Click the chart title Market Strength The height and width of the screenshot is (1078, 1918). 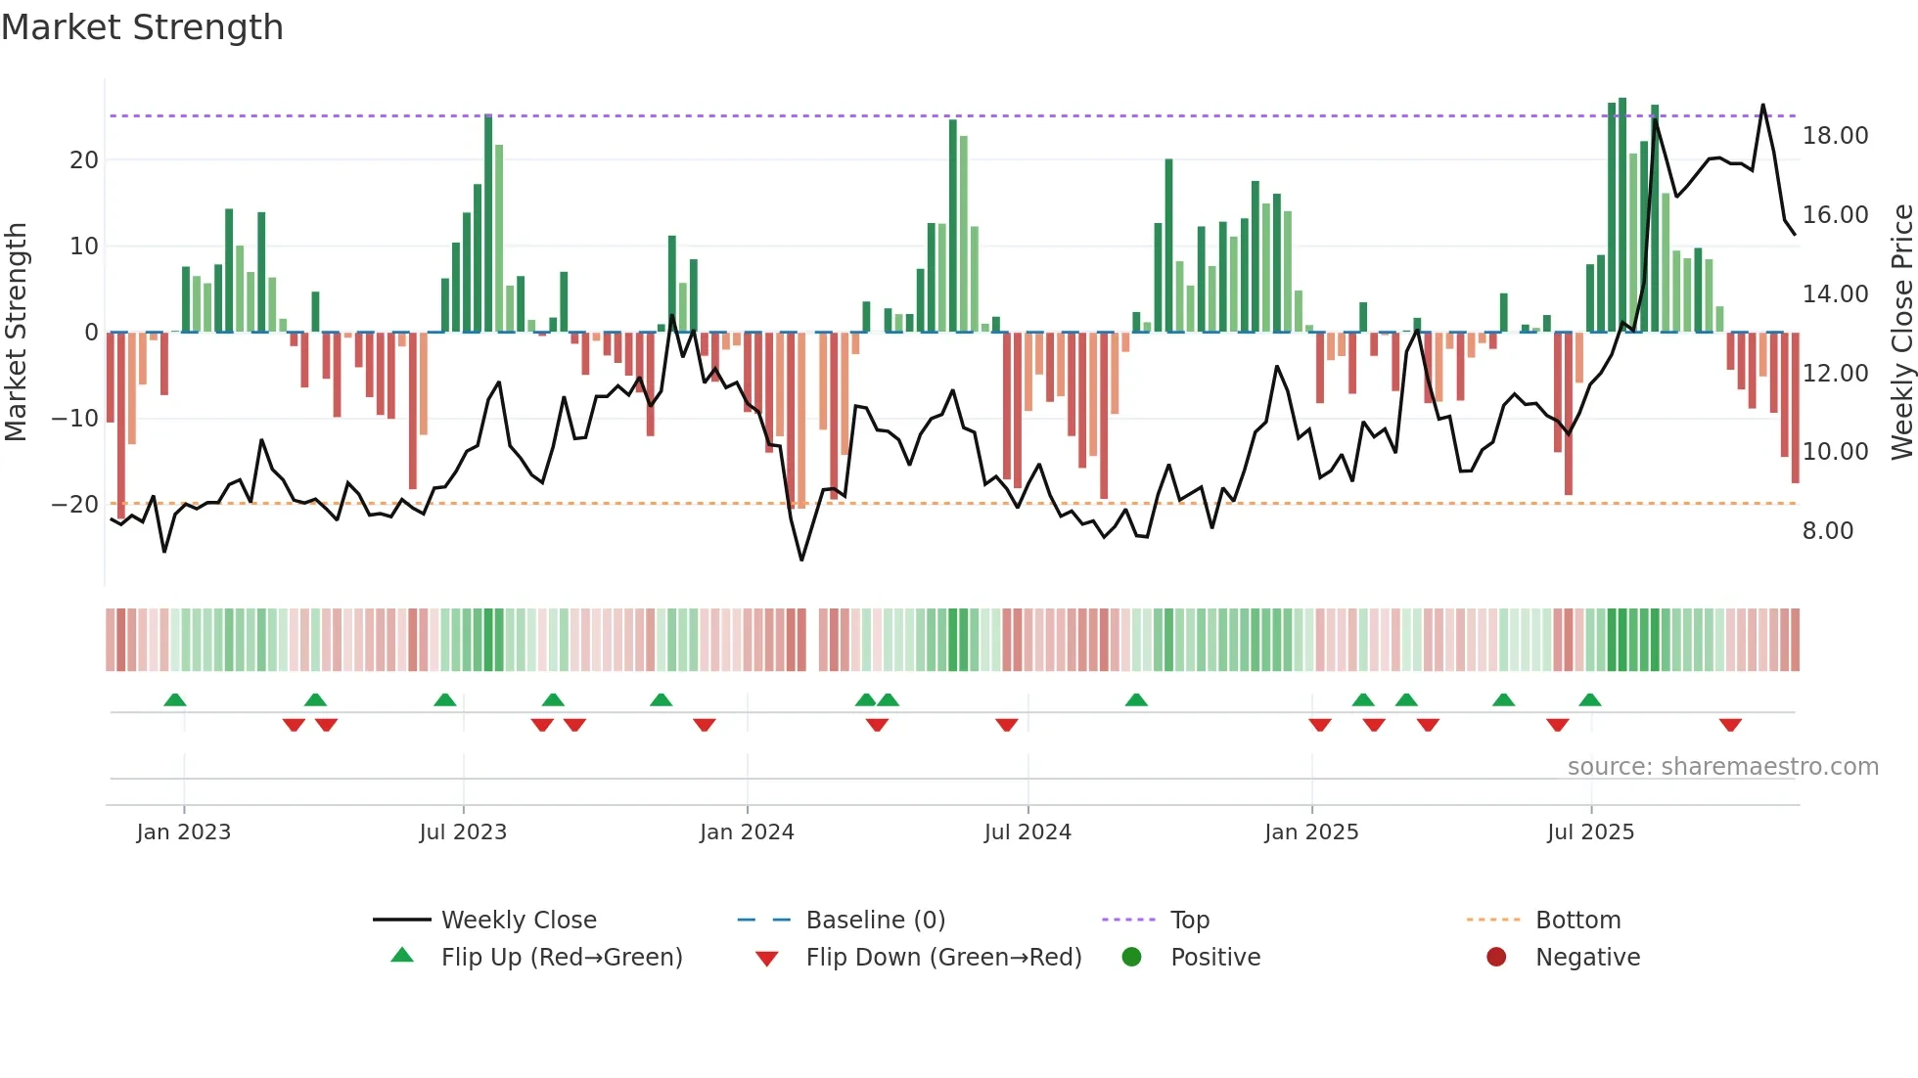point(142,27)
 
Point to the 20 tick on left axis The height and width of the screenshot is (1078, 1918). point(84,160)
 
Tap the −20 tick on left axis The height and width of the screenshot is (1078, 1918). point(75,505)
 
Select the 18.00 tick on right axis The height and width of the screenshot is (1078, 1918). point(1835,136)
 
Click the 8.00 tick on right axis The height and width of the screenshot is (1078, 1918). point(1827,531)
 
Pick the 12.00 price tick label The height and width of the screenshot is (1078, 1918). point(1835,374)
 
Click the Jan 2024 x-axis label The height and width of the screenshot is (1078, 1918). point(747,832)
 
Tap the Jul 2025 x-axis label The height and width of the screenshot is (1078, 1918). point(1590,832)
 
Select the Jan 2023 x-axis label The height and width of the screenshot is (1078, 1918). point(184,832)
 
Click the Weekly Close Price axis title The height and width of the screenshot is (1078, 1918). point(1901,333)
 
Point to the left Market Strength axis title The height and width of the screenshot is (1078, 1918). point(16,333)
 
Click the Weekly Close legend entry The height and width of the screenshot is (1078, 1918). point(518,921)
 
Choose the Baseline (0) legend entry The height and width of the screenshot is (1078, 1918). point(875,921)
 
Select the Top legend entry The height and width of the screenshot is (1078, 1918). point(1189,921)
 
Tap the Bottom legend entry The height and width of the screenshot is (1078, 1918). point(1577,921)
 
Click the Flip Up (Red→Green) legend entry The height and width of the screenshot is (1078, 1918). point(561,958)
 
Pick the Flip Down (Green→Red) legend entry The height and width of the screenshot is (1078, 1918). point(943,958)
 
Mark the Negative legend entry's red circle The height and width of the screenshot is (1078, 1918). point(1496,958)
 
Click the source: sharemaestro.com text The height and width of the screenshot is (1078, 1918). point(1722,767)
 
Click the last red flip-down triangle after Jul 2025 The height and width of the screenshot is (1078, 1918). point(1730,725)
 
